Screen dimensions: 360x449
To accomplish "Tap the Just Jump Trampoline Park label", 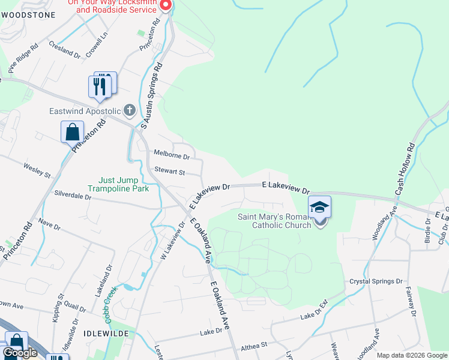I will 118,184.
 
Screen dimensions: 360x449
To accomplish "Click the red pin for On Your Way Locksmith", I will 166,5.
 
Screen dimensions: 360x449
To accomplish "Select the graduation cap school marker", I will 320,208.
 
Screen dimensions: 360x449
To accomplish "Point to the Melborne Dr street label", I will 172,154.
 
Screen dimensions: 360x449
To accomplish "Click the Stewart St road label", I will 169,172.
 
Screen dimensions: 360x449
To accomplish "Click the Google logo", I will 20,353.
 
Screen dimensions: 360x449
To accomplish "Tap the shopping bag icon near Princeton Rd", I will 72,132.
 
